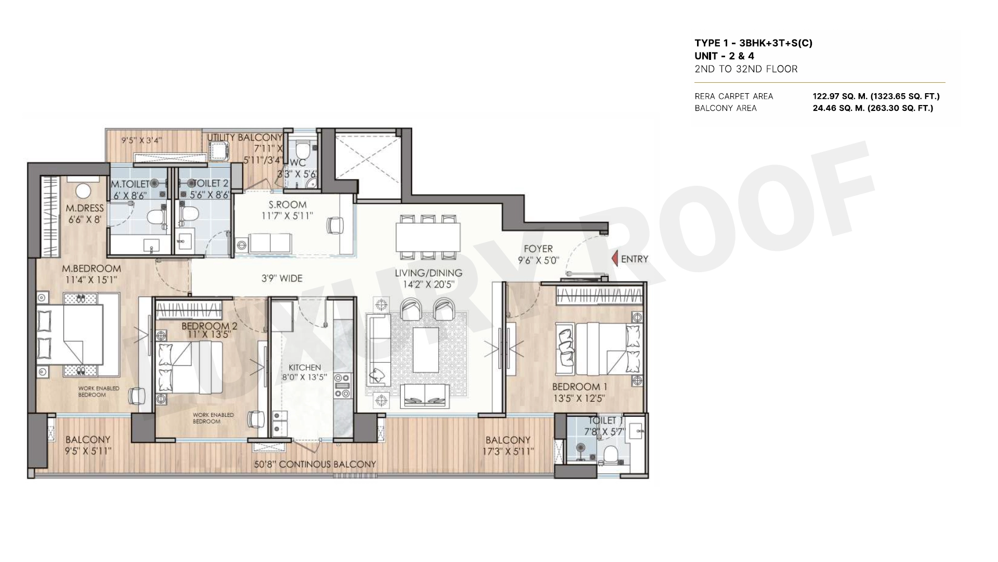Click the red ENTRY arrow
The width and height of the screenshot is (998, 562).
pos(614,259)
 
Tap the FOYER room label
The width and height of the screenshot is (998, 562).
pos(538,249)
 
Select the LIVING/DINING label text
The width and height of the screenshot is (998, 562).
pos(428,273)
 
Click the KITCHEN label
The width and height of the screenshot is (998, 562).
pos(305,367)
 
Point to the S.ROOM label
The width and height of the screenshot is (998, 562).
pos(287,205)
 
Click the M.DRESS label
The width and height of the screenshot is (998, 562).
pos(85,209)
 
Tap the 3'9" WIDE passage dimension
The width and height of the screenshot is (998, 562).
pos(282,278)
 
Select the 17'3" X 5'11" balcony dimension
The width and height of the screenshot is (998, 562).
pos(508,452)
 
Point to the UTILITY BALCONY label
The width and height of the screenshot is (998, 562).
pos(245,137)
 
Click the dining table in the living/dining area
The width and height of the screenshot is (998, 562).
pos(428,237)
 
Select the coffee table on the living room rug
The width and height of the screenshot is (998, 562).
pos(426,349)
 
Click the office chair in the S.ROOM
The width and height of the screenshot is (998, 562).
pos(335,225)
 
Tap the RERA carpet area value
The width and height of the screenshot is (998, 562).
pos(876,96)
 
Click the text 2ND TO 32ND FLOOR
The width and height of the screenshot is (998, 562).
pos(746,69)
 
